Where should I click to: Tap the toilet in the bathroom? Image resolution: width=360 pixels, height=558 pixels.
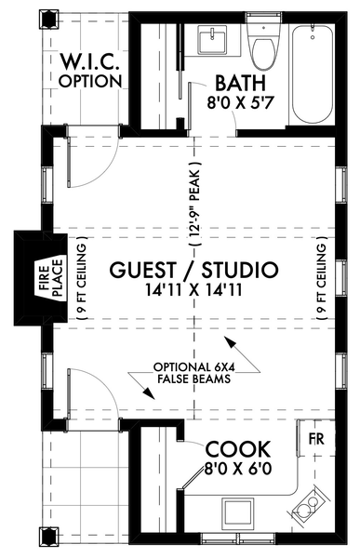pyautogui.click(x=264, y=47)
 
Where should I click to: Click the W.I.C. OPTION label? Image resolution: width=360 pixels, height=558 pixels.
pyautogui.click(x=89, y=72)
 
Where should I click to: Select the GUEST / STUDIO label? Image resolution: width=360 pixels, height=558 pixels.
pyautogui.click(x=193, y=271)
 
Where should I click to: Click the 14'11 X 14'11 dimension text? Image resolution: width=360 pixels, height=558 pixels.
pyautogui.click(x=193, y=292)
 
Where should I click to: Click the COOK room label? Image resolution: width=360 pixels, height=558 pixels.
pyautogui.click(x=238, y=447)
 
